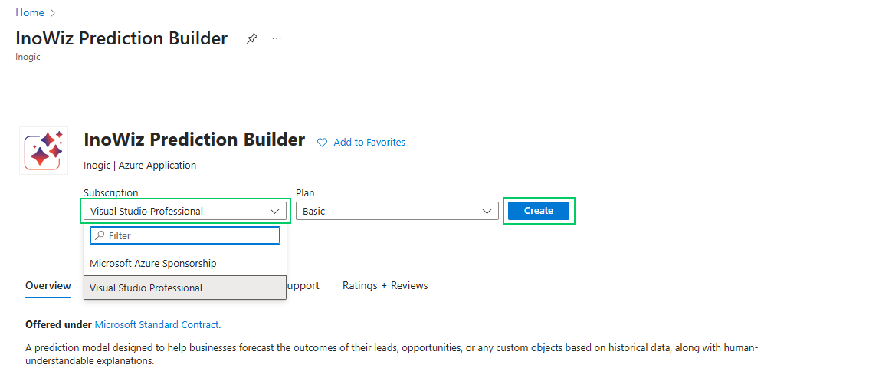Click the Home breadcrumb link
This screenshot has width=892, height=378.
(29, 13)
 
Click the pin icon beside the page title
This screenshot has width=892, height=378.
(251, 38)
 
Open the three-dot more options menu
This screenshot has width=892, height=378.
(277, 38)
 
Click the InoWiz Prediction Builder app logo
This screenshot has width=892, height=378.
(44, 150)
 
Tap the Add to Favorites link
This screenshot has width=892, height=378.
(369, 142)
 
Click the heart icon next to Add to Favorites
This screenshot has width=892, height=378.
(323, 142)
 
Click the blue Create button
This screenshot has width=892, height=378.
(539, 211)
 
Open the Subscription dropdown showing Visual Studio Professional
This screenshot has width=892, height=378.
(176, 211)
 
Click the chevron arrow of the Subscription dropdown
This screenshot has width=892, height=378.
(275, 211)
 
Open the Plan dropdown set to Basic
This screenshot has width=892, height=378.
(391, 211)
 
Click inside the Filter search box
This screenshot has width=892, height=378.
(192, 235)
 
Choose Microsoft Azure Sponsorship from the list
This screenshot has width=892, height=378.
(153, 263)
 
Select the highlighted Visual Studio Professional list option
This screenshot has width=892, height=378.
(146, 288)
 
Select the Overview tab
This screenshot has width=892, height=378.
(48, 285)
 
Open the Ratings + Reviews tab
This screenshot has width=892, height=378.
(385, 285)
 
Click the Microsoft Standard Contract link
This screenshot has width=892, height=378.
(156, 324)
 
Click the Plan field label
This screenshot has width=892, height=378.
(305, 193)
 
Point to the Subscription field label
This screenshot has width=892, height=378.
(111, 193)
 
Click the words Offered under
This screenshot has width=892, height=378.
(58, 324)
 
